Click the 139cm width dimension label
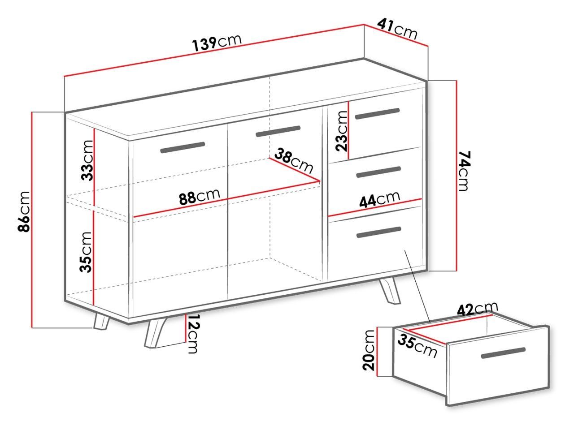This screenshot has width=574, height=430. pos(217,43)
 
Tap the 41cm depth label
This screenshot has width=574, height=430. pos(397,29)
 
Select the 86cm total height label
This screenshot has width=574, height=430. pos(24,211)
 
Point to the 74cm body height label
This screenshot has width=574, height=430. pos(465,171)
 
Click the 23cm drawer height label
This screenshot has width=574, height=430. pos(342,131)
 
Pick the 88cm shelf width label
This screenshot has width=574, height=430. pos(200,196)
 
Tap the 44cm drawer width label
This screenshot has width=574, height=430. pos(380,199)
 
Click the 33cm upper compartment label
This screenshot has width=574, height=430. pos(87,160)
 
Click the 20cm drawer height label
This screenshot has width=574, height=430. pos(369,350)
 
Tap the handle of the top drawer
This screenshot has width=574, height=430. pos(377,113)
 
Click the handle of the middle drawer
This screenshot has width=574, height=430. pos(378,172)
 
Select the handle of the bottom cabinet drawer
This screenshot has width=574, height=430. pos(378,232)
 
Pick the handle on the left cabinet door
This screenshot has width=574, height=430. pos(183,147)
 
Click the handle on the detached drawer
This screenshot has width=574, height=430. pos(504,353)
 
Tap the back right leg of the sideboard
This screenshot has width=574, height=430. pos(389,291)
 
